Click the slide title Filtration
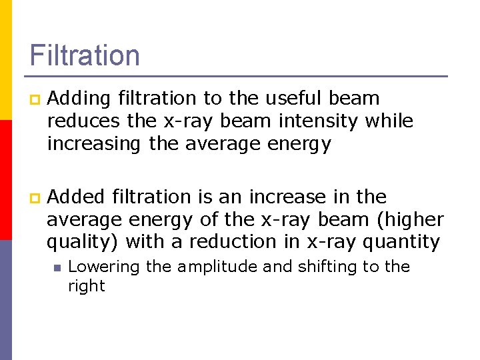(x=85, y=55)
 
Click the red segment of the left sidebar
(x=5, y=180)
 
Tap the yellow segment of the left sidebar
(x=5, y=60)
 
